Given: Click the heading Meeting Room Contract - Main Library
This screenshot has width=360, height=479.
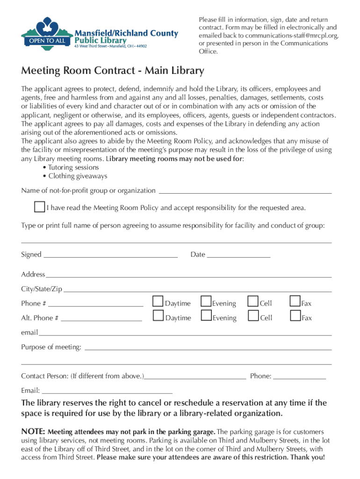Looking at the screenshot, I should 113,71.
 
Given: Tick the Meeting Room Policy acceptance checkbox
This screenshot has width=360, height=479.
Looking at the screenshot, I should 39,207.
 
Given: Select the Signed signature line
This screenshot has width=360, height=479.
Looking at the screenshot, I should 110,256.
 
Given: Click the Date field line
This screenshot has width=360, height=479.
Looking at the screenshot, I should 238,256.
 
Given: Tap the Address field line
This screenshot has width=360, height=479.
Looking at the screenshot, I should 188,276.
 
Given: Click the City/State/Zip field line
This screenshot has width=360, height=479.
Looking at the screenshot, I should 197,291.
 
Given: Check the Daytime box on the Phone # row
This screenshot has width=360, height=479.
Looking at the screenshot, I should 158,302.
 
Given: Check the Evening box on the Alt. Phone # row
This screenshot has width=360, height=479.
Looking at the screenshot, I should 206,316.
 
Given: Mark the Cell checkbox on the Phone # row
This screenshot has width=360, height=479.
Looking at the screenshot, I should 253,302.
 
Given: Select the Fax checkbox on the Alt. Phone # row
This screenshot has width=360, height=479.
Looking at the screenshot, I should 295,316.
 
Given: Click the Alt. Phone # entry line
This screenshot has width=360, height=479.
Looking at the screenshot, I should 101,320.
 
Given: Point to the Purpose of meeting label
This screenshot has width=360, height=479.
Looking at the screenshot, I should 51,347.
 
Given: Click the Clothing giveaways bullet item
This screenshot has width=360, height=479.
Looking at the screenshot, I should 78,176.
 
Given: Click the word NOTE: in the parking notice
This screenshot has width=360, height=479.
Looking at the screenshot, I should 33,432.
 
